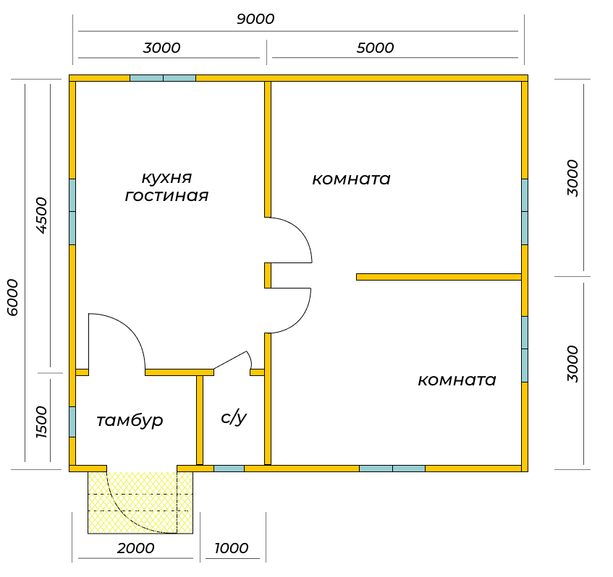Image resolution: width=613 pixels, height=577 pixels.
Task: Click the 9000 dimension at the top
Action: pos(255,19)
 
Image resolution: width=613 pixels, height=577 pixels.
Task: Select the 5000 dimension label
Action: pos(375,48)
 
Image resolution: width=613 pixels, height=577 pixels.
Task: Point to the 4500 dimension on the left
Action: pos(41,215)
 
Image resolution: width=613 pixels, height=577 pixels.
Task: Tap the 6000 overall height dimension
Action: pos(12,297)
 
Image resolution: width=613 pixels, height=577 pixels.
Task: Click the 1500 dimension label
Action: pos(41,422)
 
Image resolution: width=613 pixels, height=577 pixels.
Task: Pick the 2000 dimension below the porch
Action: pos(135,548)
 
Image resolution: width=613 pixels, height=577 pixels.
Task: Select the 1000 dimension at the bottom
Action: pos(232,548)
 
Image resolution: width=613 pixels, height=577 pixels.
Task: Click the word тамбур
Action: pos(130,421)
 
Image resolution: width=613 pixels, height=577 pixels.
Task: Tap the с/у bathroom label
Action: pos(234,418)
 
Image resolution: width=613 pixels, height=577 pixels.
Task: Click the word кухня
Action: pos(166,178)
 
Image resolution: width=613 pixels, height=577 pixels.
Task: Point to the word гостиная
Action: pos(166,195)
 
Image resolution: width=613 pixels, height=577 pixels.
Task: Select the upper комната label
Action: pos(351,179)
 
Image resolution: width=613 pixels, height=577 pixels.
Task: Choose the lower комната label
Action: pos(457,380)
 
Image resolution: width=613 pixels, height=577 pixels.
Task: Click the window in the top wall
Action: pos(163,78)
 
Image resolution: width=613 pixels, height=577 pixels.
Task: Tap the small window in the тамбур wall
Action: pos(72,422)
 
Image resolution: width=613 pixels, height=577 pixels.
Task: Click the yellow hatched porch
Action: pos(140,503)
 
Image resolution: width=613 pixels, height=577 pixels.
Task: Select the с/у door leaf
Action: pos(230,360)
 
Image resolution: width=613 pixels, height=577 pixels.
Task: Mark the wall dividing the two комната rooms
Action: pos(439,277)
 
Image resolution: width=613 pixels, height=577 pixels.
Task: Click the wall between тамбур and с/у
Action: pos(200,420)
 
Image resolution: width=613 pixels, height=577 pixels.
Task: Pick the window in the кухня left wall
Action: pos(72,212)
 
